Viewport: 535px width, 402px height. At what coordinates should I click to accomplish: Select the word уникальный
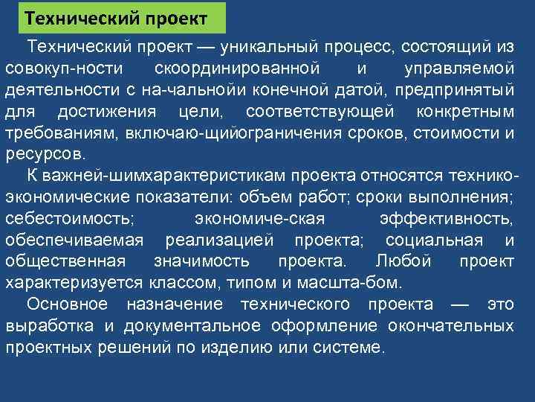tap(255, 46)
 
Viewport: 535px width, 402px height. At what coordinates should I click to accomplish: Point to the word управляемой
tap(458, 68)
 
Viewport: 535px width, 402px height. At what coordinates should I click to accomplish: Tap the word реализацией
tap(222, 241)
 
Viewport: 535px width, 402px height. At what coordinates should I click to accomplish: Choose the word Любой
tap(402, 262)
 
